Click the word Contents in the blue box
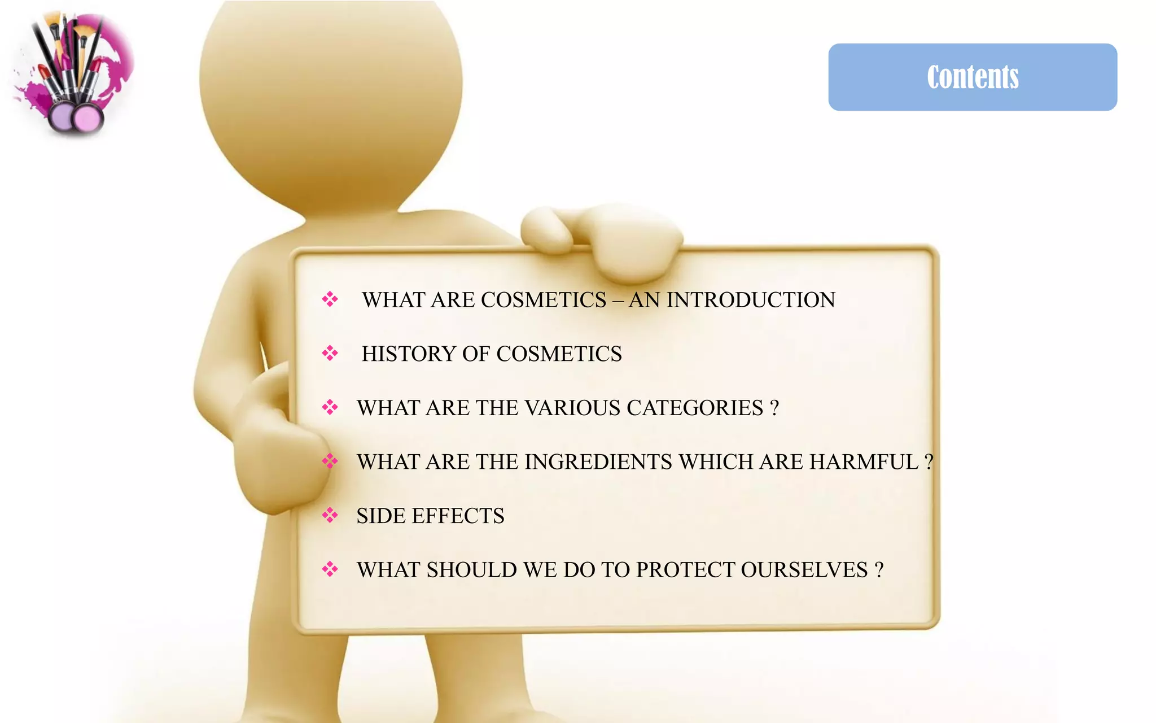pyautogui.click(x=973, y=77)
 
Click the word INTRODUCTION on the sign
pyautogui.click(x=750, y=300)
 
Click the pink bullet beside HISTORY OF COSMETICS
pyautogui.click(x=330, y=354)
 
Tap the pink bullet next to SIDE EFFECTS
pyautogui.click(x=330, y=515)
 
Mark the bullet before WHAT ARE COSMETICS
pyautogui.click(x=330, y=299)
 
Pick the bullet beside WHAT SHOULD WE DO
pyautogui.click(x=330, y=569)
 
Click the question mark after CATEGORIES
pyautogui.click(x=774, y=408)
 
